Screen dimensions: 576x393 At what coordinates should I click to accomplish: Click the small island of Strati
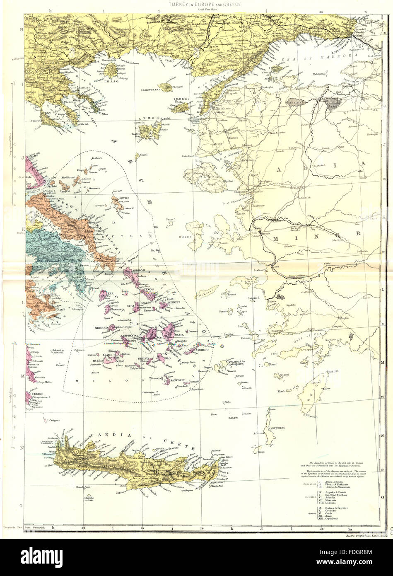point(142,154)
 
